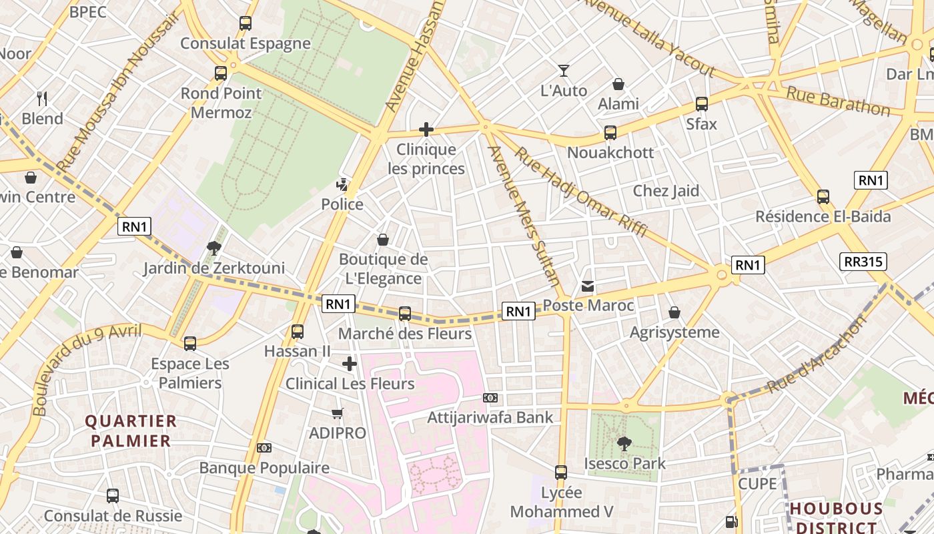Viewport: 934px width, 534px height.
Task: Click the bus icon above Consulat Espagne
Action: pyautogui.click(x=246, y=23)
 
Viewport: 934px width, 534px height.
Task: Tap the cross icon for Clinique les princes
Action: pyautogui.click(x=426, y=129)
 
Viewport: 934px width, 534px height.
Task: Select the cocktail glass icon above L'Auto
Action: pyautogui.click(x=564, y=71)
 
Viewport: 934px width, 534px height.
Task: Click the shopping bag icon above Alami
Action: pyautogui.click(x=618, y=84)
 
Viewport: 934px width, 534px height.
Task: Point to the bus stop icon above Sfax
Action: pyautogui.click(x=702, y=103)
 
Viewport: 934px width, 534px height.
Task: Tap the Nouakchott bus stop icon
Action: pyautogui.click(x=610, y=132)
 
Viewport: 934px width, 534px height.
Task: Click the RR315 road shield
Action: pyautogui.click(x=864, y=262)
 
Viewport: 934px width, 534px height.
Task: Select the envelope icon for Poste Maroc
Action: pyautogui.click(x=588, y=286)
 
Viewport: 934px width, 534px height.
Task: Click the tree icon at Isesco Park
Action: pyautogui.click(x=624, y=443)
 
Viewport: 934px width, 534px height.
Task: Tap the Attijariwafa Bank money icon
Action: pyautogui.click(x=490, y=398)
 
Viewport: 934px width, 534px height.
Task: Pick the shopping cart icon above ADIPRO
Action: pyautogui.click(x=338, y=414)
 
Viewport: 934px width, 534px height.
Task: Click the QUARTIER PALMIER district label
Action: pyautogui.click(x=131, y=431)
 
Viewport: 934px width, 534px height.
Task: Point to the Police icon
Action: pyautogui.click(x=342, y=185)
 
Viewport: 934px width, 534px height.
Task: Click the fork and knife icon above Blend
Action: pyautogui.click(x=42, y=99)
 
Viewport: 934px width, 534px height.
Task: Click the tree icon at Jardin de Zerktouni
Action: pyautogui.click(x=214, y=248)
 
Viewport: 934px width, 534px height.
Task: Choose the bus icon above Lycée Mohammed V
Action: pyautogui.click(x=561, y=473)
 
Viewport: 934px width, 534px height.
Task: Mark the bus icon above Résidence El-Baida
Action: pyautogui.click(x=823, y=197)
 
